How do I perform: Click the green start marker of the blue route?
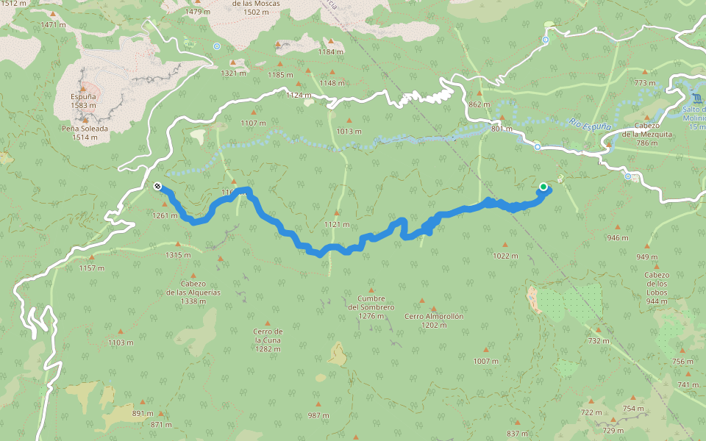tap(543, 187)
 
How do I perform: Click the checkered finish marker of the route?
tap(157, 187)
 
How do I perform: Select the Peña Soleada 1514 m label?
tap(85, 132)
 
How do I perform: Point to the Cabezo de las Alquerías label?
tap(194, 292)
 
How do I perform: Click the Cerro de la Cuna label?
tap(268, 340)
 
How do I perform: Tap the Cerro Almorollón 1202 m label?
tap(434, 320)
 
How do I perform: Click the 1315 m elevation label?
tap(178, 255)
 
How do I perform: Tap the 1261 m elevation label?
tap(165, 215)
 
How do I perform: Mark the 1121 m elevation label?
tap(336, 224)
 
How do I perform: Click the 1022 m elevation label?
tap(505, 256)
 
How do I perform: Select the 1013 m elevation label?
tap(349, 132)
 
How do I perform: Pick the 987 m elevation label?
tap(318, 415)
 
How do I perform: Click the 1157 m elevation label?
tap(92, 268)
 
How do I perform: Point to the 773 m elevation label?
tap(645, 83)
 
